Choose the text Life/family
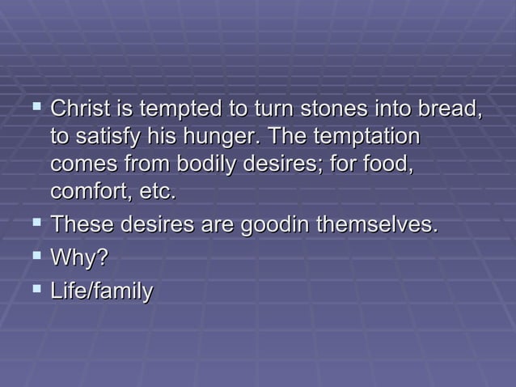101,291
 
